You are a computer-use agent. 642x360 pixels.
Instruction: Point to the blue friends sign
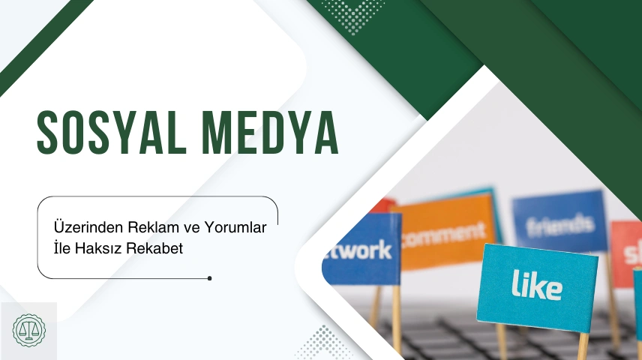[x=559, y=221]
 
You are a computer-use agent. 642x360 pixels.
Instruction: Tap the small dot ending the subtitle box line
[x=209, y=278]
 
